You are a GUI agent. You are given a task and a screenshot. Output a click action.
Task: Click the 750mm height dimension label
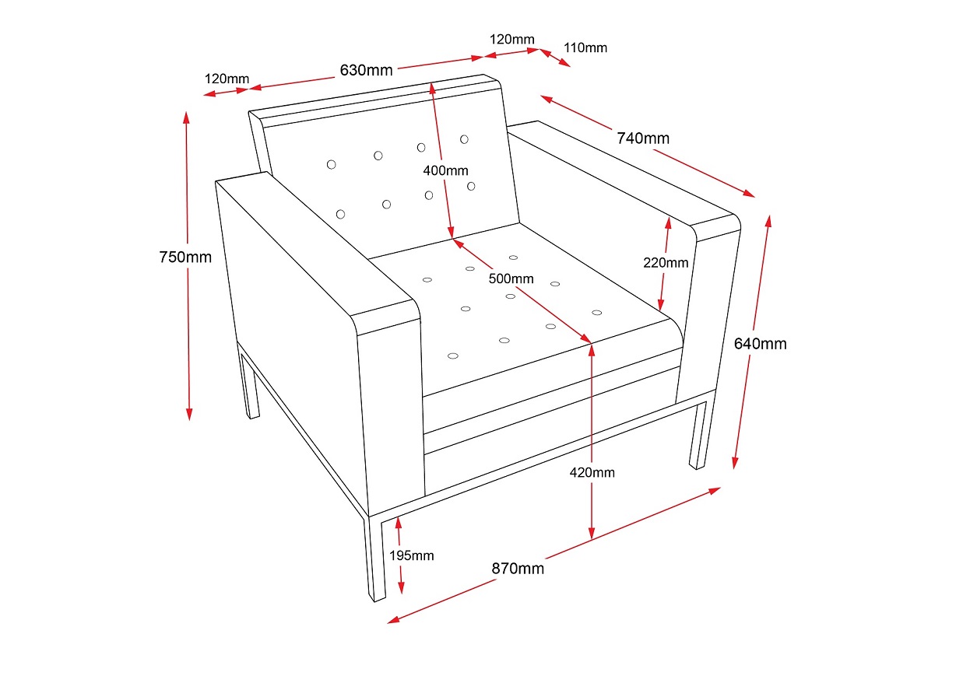(185, 257)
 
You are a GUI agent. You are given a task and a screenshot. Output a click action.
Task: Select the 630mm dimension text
(366, 70)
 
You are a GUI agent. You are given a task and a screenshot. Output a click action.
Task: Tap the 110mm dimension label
(585, 47)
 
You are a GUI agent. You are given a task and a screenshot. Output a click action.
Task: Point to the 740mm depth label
(643, 138)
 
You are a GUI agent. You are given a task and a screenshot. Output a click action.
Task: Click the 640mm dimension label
(761, 343)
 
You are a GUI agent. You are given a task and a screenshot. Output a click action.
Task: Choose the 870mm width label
(518, 568)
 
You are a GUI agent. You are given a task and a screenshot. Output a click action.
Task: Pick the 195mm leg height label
(412, 555)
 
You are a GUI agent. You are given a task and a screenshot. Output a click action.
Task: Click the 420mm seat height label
(592, 472)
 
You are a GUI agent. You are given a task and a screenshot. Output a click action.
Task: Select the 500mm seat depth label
(511, 278)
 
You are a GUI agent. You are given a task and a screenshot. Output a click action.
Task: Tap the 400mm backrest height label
(446, 170)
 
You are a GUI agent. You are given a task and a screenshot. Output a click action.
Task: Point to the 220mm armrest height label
(666, 262)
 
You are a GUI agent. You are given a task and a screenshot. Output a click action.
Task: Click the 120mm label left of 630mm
(227, 79)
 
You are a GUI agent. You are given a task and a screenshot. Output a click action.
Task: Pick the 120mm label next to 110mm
(512, 39)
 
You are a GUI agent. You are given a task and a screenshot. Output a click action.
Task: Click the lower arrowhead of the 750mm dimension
(188, 414)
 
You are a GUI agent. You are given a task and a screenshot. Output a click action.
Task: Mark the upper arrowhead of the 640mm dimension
(770, 220)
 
